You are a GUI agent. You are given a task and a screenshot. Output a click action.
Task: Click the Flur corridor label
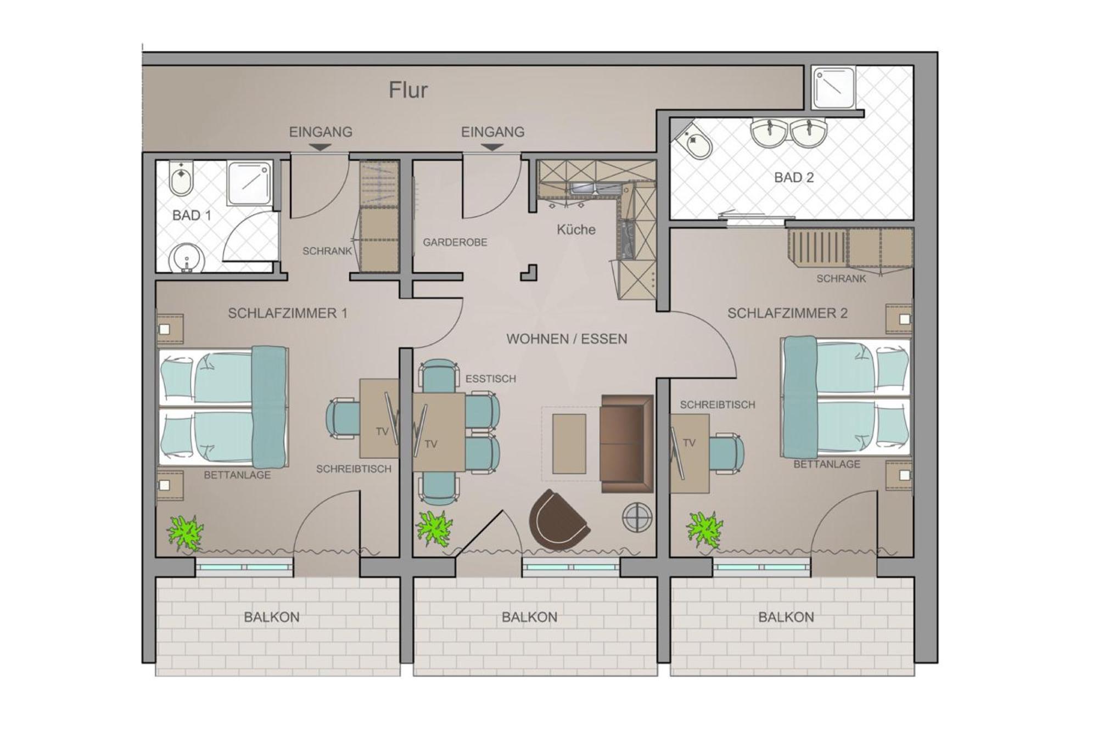click(408, 90)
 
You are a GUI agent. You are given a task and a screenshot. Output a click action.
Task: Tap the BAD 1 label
click(192, 215)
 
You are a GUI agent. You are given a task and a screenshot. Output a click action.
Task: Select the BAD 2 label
click(794, 177)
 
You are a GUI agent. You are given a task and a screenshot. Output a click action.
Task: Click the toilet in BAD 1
click(181, 178)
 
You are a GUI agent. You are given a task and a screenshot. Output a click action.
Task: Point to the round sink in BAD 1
click(187, 258)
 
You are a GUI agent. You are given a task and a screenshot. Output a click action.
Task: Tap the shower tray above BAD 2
click(833, 88)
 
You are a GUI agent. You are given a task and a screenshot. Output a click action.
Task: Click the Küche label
click(576, 229)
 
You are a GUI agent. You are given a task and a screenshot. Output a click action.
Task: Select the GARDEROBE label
click(455, 242)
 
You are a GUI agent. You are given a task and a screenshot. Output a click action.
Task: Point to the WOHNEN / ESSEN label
click(567, 339)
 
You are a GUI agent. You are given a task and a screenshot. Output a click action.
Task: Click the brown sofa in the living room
click(627, 443)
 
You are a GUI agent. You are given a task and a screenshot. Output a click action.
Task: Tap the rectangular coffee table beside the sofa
click(569, 443)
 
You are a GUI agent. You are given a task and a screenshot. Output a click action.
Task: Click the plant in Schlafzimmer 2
click(704, 530)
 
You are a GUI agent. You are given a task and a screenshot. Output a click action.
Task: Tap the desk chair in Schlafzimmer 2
click(726, 453)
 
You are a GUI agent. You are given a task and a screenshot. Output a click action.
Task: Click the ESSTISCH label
click(491, 379)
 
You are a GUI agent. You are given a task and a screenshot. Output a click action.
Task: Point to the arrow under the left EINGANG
click(320, 147)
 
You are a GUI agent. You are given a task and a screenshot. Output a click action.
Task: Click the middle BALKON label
click(529, 617)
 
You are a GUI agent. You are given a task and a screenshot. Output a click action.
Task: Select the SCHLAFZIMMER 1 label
click(288, 313)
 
